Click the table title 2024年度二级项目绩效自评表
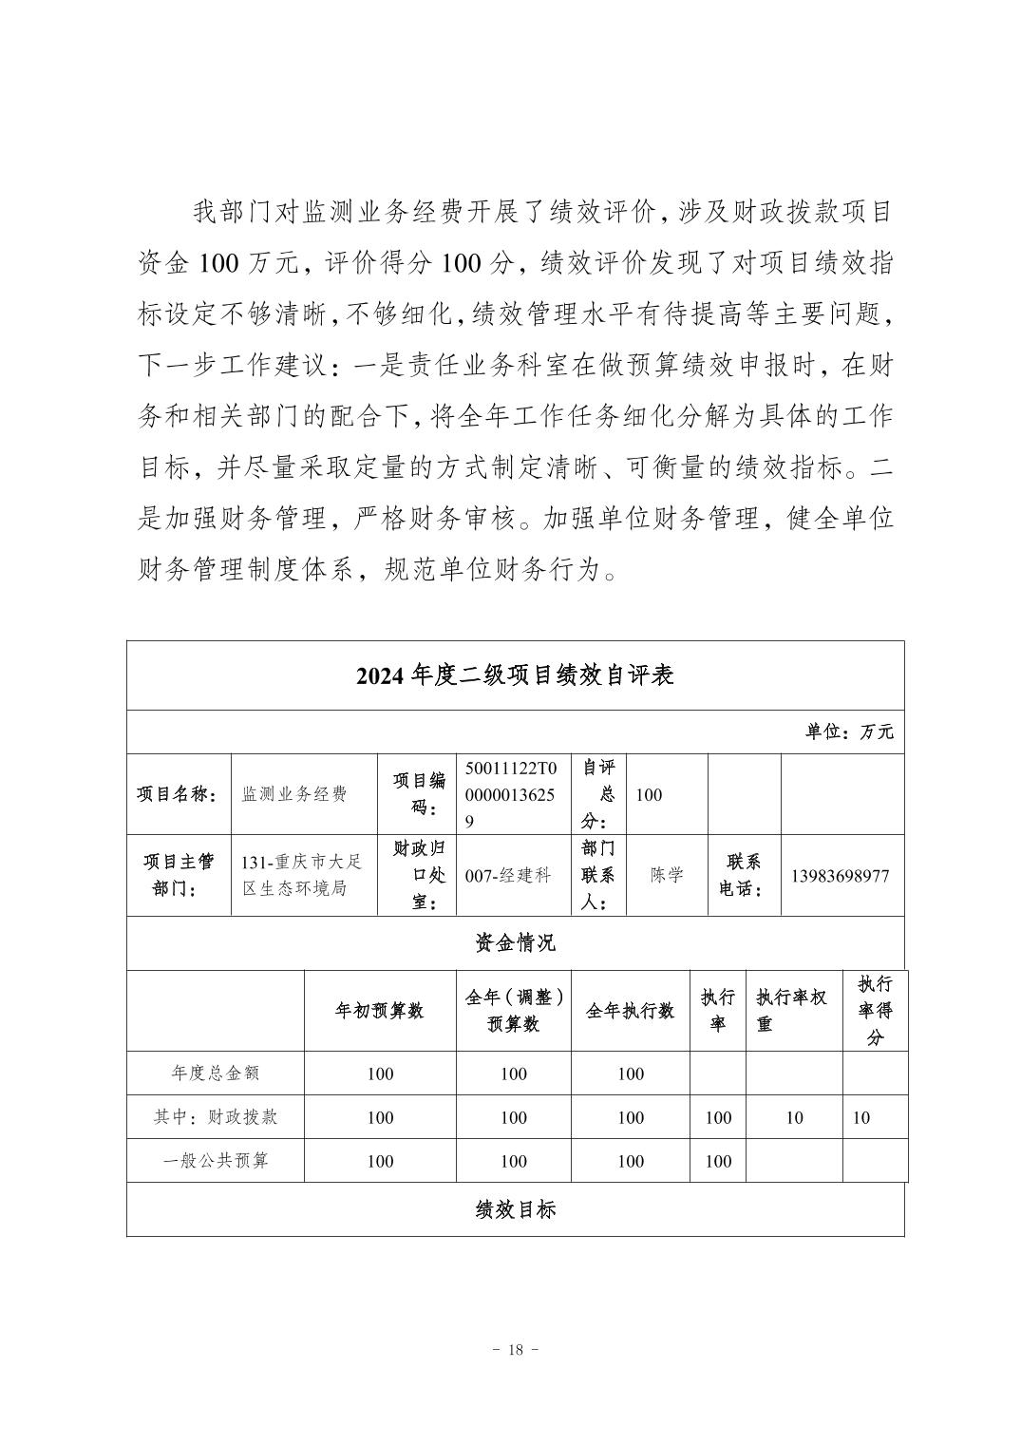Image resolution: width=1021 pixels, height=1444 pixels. (x=515, y=675)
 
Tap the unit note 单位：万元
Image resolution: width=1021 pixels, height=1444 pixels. (x=849, y=731)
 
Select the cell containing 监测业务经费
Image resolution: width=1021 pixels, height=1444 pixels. (x=294, y=794)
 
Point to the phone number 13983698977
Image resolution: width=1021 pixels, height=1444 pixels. (x=840, y=876)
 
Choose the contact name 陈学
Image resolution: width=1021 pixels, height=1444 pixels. (x=667, y=876)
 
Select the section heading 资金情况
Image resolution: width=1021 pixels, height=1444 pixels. (x=515, y=942)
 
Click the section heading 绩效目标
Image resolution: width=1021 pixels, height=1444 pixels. (x=515, y=1208)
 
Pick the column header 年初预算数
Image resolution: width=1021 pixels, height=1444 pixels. (x=380, y=1011)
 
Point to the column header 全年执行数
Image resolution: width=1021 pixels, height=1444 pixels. (x=630, y=1011)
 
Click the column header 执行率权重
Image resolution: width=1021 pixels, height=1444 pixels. (x=792, y=1011)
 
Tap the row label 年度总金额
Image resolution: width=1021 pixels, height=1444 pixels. (x=216, y=1073)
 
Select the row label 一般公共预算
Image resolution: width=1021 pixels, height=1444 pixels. (x=216, y=1161)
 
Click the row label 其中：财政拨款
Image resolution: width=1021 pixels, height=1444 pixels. (x=216, y=1117)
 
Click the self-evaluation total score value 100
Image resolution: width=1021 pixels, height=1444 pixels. (x=650, y=795)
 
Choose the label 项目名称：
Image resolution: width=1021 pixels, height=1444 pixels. (x=179, y=795)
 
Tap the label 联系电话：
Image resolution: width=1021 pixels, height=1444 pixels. (x=743, y=876)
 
